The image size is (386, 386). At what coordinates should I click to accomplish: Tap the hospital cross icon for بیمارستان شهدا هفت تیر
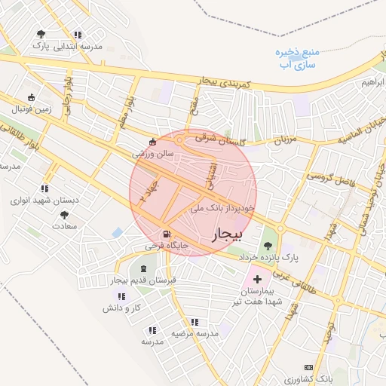click(x=257, y=279)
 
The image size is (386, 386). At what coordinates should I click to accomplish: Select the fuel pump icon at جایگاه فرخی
click(x=166, y=234)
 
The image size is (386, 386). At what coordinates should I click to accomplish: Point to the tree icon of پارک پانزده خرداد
click(x=267, y=245)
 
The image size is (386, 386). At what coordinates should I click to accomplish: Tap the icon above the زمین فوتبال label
click(x=31, y=97)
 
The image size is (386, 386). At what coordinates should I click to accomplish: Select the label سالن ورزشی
click(x=153, y=153)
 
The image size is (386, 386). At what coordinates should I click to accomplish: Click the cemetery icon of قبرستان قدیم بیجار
click(x=143, y=268)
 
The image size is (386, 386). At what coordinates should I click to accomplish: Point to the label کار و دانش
click(x=124, y=308)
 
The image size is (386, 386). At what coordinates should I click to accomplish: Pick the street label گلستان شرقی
click(x=216, y=139)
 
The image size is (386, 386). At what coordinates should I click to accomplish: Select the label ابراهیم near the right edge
click(x=374, y=81)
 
